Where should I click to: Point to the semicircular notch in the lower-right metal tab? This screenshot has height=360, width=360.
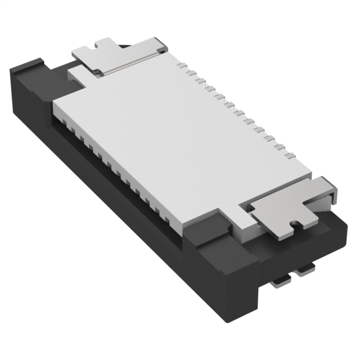click(x=292, y=226)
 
